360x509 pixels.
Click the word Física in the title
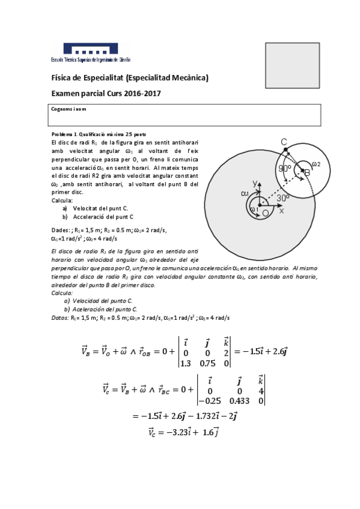(x=62, y=78)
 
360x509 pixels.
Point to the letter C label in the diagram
(x=284, y=142)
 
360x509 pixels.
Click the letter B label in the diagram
(x=307, y=172)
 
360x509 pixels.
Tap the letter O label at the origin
(x=265, y=213)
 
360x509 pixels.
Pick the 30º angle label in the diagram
(x=283, y=197)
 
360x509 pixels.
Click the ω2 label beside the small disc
(x=316, y=164)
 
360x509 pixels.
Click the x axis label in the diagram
(x=281, y=211)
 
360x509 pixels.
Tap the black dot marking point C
(x=285, y=149)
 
